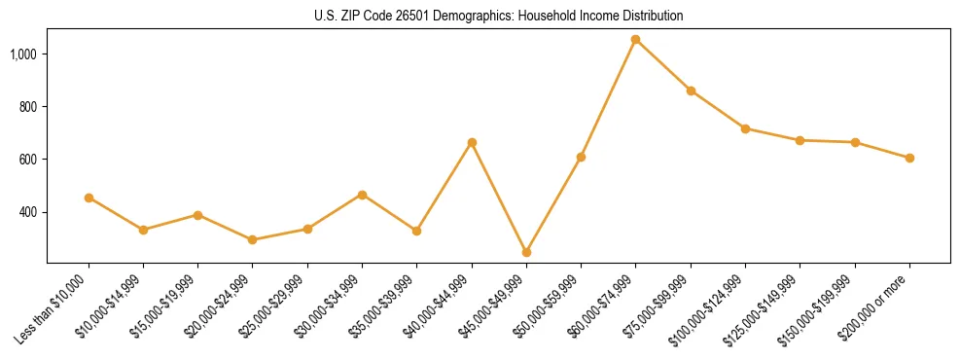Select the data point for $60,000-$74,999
pyautogui.click(x=636, y=40)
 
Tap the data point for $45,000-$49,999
pyautogui.click(x=526, y=252)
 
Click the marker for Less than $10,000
pyautogui.click(x=89, y=198)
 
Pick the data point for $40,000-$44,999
pyautogui.click(x=472, y=143)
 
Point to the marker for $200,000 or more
pyautogui.click(x=909, y=158)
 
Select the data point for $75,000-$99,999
pyautogui.click(x=691, y=90)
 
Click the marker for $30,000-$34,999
pyautogui.click(x=362, y=195)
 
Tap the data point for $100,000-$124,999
pyautogui.click(x=745, y=128)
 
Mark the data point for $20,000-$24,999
pyautogui.click(x=253, y=239)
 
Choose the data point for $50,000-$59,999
pyautogui.click(x=581, y=157)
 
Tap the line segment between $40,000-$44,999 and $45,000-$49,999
pyautogui.click(x=499, y=198)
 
